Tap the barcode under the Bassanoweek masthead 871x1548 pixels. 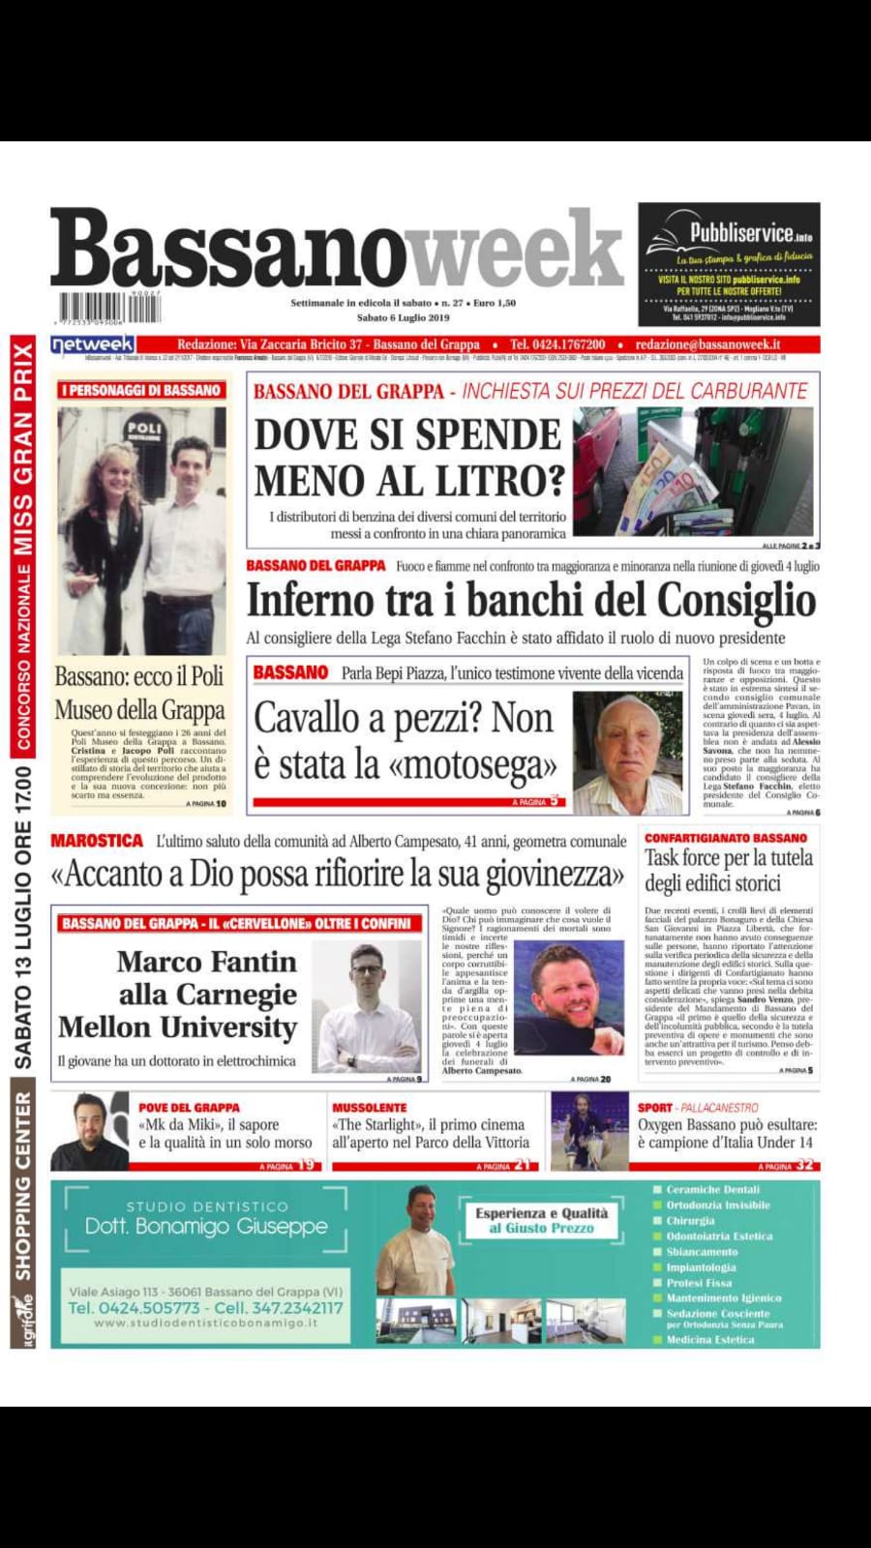pos(108,308)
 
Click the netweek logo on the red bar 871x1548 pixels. pos(93,344)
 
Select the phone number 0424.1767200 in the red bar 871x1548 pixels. pos(557,344)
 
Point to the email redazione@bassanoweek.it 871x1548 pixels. pos(707,344)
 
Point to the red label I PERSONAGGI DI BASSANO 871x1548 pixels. pos(141,390)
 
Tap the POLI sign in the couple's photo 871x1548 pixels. pos(144,427)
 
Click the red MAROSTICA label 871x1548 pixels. pos(96,841)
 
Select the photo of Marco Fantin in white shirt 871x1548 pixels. pos(368,1008)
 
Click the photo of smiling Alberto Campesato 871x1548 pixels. pos(569,997)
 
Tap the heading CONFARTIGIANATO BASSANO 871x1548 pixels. pos(726,838)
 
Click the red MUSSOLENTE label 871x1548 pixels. pos(370,1107)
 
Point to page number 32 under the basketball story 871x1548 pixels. pos(805,1165)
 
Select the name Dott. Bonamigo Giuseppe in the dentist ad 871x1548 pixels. pos(205,1227)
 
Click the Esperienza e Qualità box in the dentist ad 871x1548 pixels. pos(542,1220)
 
